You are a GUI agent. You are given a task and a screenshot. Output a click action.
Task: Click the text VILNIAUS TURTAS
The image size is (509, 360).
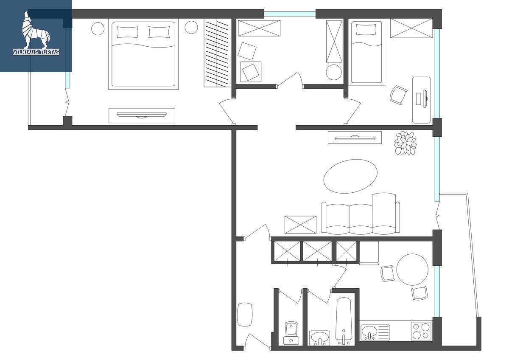pos(36,52)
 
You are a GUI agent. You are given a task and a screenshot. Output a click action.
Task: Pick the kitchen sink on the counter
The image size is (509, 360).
pos(375,333)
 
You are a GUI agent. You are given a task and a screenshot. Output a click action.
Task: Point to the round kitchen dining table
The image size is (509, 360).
pos(412,270)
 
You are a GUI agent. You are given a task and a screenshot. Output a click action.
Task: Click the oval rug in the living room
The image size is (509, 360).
pos(350,176)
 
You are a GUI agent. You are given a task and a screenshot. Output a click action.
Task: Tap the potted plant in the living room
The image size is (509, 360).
pos(405,143)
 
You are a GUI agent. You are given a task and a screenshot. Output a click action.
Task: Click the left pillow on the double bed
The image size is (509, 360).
pos(128,32)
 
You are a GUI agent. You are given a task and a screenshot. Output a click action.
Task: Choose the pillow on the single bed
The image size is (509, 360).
pos(366,30)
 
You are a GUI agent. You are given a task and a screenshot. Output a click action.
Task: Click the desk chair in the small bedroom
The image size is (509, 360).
pos(398,95)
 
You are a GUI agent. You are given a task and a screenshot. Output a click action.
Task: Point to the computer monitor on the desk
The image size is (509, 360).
pos(425,98)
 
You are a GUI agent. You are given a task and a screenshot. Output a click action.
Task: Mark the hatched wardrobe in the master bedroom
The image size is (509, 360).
pos(218,53)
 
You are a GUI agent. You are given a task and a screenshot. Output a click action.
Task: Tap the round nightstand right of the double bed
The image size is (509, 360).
pos(191,28)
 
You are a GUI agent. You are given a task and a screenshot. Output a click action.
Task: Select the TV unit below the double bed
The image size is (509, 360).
pos(142,115)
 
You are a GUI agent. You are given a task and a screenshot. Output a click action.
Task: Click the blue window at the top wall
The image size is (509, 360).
pos(290,14)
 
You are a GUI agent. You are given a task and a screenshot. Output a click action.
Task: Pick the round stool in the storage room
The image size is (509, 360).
pos(333,72)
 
